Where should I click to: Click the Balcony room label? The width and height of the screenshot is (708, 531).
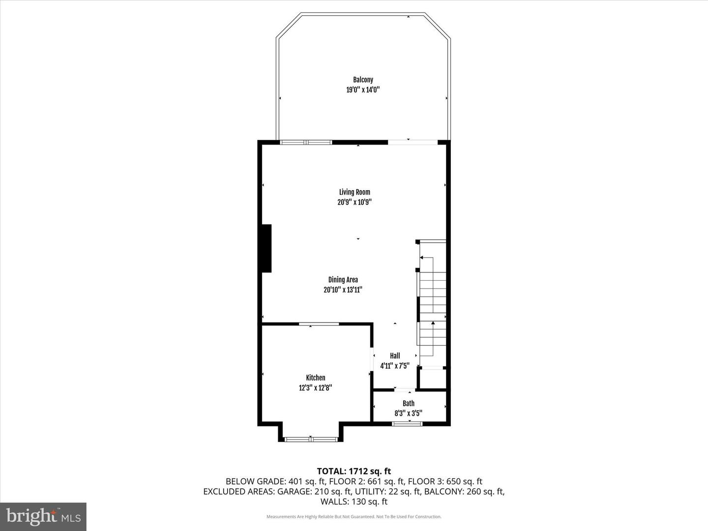tap(363, 80)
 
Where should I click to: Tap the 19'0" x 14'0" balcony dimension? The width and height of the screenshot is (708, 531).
tap(363, 89)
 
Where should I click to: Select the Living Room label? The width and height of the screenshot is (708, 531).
tap(354, 192)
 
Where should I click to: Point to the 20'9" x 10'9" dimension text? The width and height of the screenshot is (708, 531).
tap(354, 202)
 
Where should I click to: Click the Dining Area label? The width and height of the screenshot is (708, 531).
tap(343, 280)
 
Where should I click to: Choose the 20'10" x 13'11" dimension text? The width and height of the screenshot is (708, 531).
tap(343, 290)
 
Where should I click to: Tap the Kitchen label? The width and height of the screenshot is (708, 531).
tap(316, 378)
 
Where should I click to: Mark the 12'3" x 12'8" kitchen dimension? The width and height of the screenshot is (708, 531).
tap(316, 387)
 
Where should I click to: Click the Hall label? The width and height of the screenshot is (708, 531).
tap(395, 355)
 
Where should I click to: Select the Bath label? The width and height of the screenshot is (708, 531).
tap(409, 403)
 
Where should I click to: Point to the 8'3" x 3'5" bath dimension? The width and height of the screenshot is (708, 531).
tap(409, 413)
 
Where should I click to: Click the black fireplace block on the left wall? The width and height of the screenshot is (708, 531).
tap(266, 248)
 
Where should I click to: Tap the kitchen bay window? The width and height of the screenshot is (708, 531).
tap(311, 439)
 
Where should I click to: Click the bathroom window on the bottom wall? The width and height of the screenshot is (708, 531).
tap(407, 424)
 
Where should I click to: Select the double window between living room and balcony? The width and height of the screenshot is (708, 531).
tap(306, 142)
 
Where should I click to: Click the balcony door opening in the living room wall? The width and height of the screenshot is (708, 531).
tap(413, 142)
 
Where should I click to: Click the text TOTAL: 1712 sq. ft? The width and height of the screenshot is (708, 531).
tap(354, 471)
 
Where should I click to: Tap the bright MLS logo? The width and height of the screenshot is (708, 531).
tap(43, 516)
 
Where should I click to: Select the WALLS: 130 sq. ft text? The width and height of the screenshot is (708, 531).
tap(354, 501)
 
